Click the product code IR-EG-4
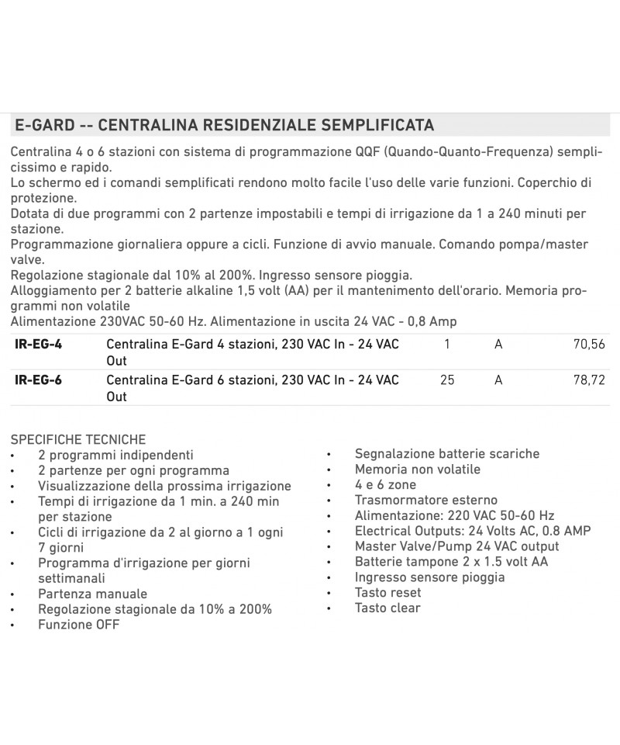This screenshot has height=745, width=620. point(39,344)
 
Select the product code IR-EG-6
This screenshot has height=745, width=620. point(39,379)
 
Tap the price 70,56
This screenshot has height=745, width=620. point(589,344)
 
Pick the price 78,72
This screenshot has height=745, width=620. point(589,379)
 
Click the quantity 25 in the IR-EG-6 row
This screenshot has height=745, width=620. point(447,379)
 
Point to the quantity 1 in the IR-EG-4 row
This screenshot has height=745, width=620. point(447,344)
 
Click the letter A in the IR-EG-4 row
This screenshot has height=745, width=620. point(498,344)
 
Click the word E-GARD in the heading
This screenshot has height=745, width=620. point(45,125)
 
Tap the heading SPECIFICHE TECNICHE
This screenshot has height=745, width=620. point(78,439)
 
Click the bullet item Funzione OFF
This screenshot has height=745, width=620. point(79,625)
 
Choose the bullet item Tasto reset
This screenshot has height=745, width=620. point(388,593)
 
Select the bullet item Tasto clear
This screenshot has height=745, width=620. point(387,608)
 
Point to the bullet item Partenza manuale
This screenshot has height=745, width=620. point(92,594)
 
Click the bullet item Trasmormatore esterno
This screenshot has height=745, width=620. point(426,500)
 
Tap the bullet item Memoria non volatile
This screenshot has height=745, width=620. point(418,469)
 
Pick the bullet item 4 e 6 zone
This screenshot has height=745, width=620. point(385,484)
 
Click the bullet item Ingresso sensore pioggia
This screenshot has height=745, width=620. point(430,577)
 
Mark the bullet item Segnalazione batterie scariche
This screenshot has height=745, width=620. point(447,453)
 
